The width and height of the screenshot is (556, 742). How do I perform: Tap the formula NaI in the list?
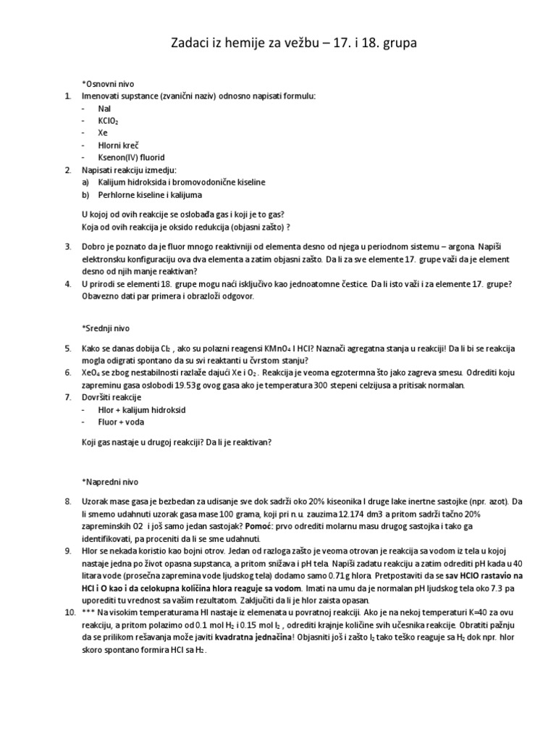click(x=104, y=108)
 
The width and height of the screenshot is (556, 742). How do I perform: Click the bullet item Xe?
click(x=104, y=133)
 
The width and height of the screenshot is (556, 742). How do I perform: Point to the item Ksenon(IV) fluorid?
click(x=132, y=157)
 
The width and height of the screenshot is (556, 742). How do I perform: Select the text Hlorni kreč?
click(x=119, y=145)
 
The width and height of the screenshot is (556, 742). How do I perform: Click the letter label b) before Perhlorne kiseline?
click(x=86, y=194)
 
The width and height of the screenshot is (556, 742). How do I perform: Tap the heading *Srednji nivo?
click(x=106, y=328)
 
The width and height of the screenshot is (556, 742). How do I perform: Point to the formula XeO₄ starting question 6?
click(x=93, y=372)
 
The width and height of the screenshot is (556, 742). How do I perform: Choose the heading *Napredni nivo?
click(x=109, y=481)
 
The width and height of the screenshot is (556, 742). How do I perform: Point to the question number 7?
click(x=68, y=397)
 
